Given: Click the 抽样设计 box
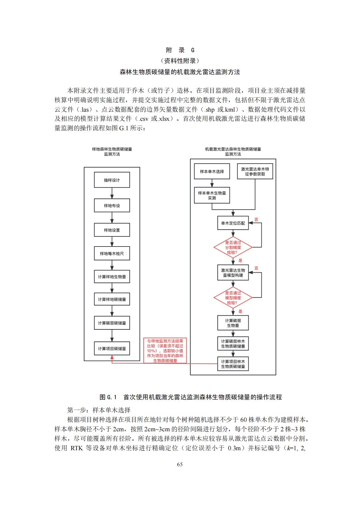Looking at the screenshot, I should [112, 180].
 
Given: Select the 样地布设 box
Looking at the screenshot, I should [112, 205].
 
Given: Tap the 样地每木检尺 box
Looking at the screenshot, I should [112, 253].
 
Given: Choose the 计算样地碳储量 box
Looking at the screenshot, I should [112, 299].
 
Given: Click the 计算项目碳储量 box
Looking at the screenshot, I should [112, 348].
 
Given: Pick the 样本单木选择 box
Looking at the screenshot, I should [212, 171].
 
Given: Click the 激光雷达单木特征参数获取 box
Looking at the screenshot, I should [255, 171].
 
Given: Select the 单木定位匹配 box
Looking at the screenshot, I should [233, 223].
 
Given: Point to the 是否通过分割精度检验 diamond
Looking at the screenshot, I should [233, 247].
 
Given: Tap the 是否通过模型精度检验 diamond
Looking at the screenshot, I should [233, 298].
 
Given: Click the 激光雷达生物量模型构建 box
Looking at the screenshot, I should [233, 273].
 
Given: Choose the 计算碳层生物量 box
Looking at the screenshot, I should [233, 323].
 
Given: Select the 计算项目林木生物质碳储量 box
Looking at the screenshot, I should [233, 364].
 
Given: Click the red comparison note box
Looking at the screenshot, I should [165, 351].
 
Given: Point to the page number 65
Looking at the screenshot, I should [180, 464].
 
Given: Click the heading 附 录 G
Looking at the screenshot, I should [180, 50].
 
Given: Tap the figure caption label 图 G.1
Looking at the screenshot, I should [108, 397].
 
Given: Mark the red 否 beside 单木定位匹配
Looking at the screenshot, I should [256, 219].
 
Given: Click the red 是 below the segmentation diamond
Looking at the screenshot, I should [240, 260].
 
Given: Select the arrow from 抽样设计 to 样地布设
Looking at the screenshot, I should [112, 193].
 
